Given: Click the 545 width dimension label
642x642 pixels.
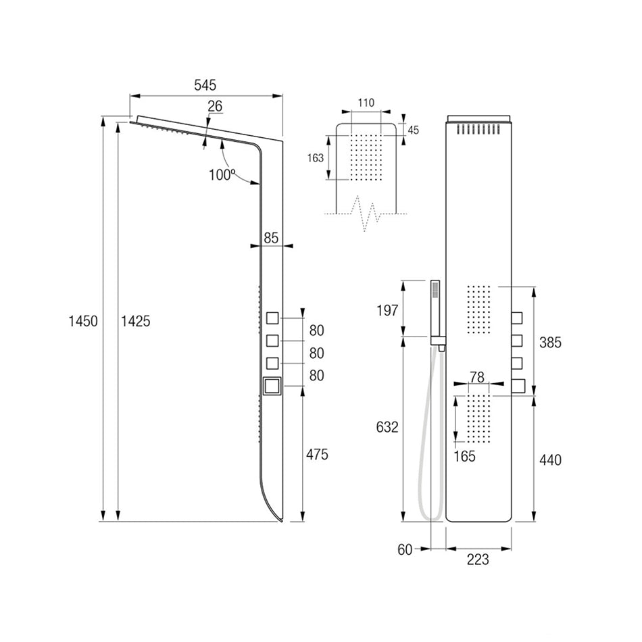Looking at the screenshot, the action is (205, 85).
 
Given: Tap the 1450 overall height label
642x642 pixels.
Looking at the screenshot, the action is (83, 322).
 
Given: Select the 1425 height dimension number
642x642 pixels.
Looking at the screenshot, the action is (136, 322).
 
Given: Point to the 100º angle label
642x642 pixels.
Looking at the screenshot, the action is (222, 175).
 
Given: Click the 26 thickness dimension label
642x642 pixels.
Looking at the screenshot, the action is (215, 106).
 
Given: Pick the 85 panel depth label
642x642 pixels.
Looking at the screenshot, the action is (271, 238).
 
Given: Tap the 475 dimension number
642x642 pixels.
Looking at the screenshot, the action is (317, 455).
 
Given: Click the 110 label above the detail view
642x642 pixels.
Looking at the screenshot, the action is (366, 103).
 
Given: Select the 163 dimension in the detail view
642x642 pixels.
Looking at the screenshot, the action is (316, 158).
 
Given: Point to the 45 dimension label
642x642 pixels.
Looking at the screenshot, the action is (414, 130).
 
